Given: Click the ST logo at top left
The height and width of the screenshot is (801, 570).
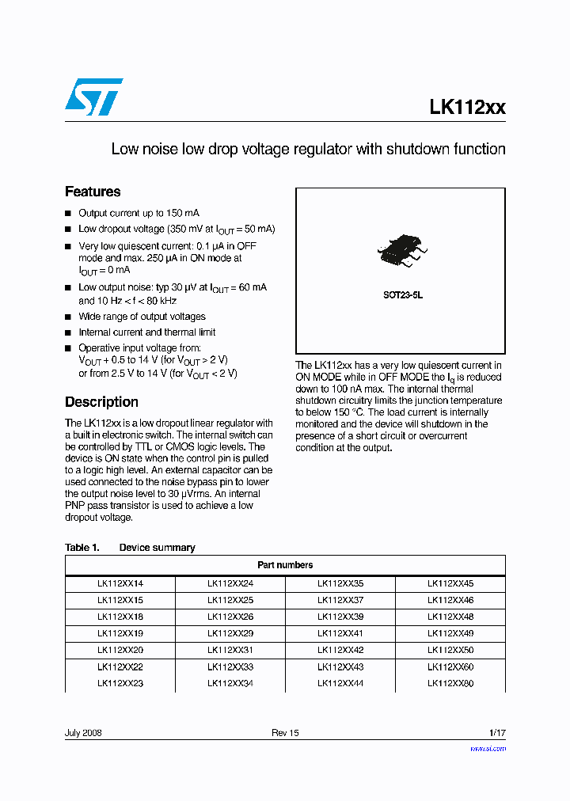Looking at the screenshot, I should [94, 97].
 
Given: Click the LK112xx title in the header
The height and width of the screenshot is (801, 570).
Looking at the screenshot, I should [467, 108].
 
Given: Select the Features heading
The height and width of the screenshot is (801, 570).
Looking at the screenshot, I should [93, 192].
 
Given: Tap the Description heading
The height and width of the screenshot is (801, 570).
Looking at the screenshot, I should [101, 401].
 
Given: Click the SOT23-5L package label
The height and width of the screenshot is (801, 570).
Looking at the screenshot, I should [403, 294].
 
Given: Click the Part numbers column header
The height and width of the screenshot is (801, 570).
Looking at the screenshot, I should [285, 565].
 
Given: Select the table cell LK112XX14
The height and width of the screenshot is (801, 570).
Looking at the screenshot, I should [120, 583].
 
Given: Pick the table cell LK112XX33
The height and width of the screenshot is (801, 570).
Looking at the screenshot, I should [230, 666].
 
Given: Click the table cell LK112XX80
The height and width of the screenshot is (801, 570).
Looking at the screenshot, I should [450, 683].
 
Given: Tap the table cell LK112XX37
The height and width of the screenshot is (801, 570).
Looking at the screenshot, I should [340, 600].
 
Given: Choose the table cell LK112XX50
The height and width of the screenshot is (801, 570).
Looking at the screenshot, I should [450, 650].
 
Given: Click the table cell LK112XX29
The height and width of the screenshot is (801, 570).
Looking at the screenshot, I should [230, 633].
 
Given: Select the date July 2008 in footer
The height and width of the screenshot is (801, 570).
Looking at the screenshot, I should [83, 733].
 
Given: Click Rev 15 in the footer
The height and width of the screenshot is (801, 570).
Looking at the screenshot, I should [285, 733].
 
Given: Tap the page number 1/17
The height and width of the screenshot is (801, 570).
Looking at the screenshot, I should [497, 733].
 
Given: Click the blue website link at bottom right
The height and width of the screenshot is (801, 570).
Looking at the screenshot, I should [488, 748].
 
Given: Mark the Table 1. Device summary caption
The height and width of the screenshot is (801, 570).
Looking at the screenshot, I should [130, 548].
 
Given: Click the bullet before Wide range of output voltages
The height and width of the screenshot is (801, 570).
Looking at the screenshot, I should [68, 317].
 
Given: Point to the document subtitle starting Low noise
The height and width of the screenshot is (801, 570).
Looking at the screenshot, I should [308, 149].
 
